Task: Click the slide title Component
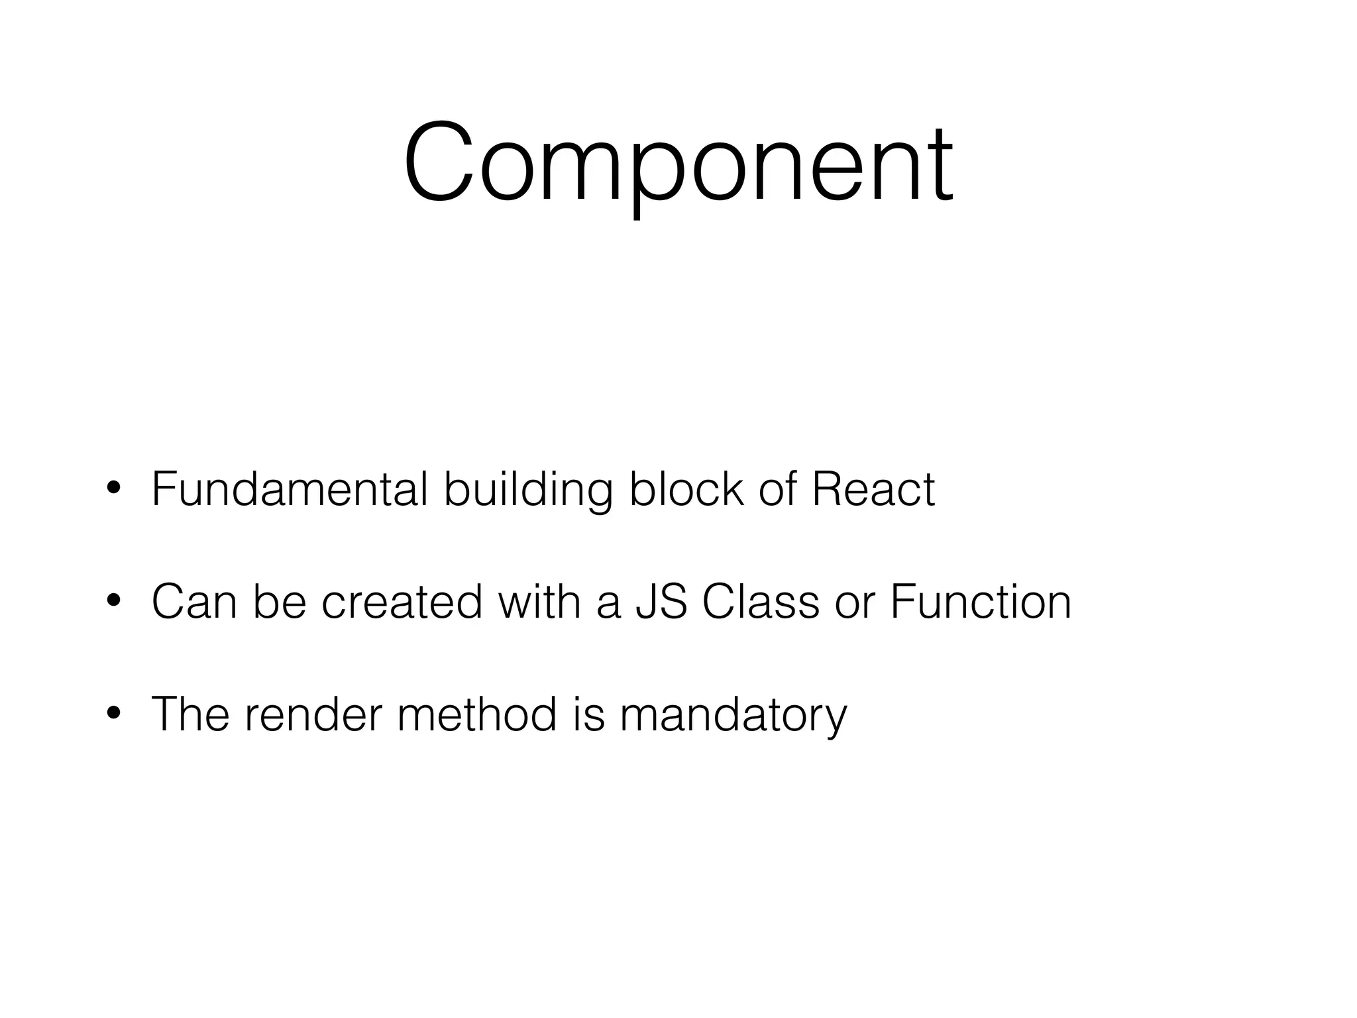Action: [678, 162]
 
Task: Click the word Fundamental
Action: [290, 490]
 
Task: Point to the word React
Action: [873, 490]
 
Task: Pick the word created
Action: [402, 602]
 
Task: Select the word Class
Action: [760, 602]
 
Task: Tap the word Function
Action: [980, 602]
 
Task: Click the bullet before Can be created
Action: [113, 602]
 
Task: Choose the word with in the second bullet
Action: [539, 602]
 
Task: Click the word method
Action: [477, 714]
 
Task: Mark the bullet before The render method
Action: [113, 714]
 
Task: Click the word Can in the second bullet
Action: [194, 602]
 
